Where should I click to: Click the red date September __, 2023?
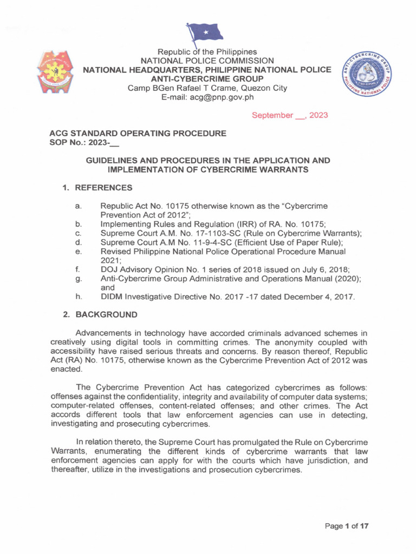click(290, 115)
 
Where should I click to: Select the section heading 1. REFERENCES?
click(97, 188)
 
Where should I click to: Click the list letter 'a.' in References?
click(79, 207)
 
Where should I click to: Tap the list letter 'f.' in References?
click(79, 268)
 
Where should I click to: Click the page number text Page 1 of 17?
click(347, 526)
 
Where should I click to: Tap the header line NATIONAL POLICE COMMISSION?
click(207, 61)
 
